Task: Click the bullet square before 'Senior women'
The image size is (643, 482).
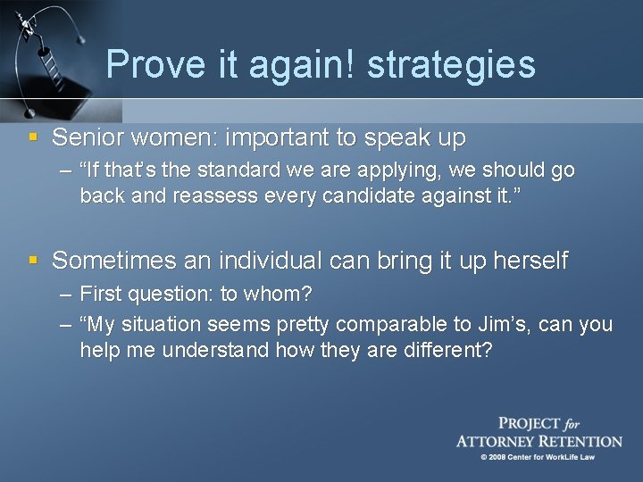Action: click(34, 137)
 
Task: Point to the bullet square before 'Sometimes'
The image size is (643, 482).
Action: click(34, 261)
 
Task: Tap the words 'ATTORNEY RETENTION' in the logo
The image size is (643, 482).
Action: click(539, 441)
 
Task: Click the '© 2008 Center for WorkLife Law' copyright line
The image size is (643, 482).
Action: click(538, 457)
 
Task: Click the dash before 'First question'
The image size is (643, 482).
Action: click(66, 293)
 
